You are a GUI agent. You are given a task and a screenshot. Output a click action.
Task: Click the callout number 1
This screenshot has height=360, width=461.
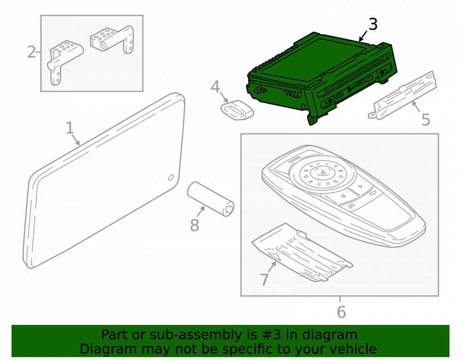click(x=70, y=128)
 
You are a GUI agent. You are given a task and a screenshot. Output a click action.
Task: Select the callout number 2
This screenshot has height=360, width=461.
click(x=31, y=52)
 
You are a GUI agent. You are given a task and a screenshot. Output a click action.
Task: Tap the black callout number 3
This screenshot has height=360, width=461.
click(x=373, y=24)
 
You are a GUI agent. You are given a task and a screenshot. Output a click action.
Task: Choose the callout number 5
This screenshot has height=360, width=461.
click(x=426, y=119)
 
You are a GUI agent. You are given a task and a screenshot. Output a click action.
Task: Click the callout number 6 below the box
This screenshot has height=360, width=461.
click(x=341, y=312)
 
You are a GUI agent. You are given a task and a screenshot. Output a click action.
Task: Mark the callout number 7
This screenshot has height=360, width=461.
click(x=264, y=279)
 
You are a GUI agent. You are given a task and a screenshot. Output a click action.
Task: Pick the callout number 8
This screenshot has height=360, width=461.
click(x=195, y=225)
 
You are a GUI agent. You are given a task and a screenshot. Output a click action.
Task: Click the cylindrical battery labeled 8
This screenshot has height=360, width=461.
click(x=211, y=199)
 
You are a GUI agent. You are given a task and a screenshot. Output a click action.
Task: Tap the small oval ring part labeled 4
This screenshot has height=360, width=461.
click(x=237, y=110)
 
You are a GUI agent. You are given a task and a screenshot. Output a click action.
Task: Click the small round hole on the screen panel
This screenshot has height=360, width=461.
click(x=171, y=177)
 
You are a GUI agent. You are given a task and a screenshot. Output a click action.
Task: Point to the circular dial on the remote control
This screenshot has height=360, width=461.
click(x=322, y=173)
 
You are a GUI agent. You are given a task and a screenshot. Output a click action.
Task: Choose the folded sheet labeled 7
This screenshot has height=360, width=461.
click(x=301, y=254)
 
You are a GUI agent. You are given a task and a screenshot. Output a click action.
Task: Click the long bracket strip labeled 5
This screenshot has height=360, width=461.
click(x=402, y=95)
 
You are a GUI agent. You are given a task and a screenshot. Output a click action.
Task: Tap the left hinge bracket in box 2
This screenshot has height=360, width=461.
click(x=65, y=62)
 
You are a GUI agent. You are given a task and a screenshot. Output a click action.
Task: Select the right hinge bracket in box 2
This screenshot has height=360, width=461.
click(x=112, y=40)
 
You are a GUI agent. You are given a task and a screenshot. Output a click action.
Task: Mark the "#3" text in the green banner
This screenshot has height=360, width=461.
click(x=271, y=335)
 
